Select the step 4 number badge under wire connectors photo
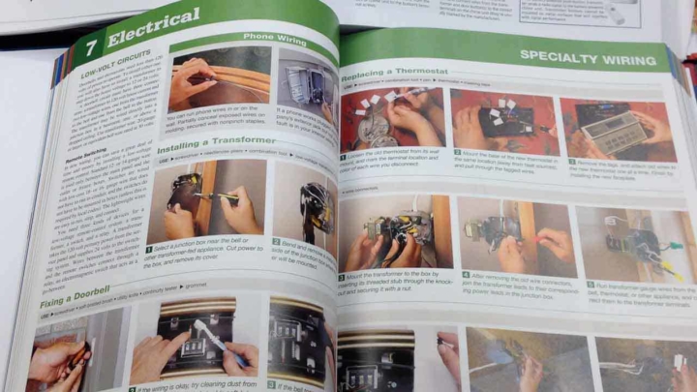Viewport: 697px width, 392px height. tap(465, 277)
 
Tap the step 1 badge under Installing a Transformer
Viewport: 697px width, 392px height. tap(150, 249)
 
